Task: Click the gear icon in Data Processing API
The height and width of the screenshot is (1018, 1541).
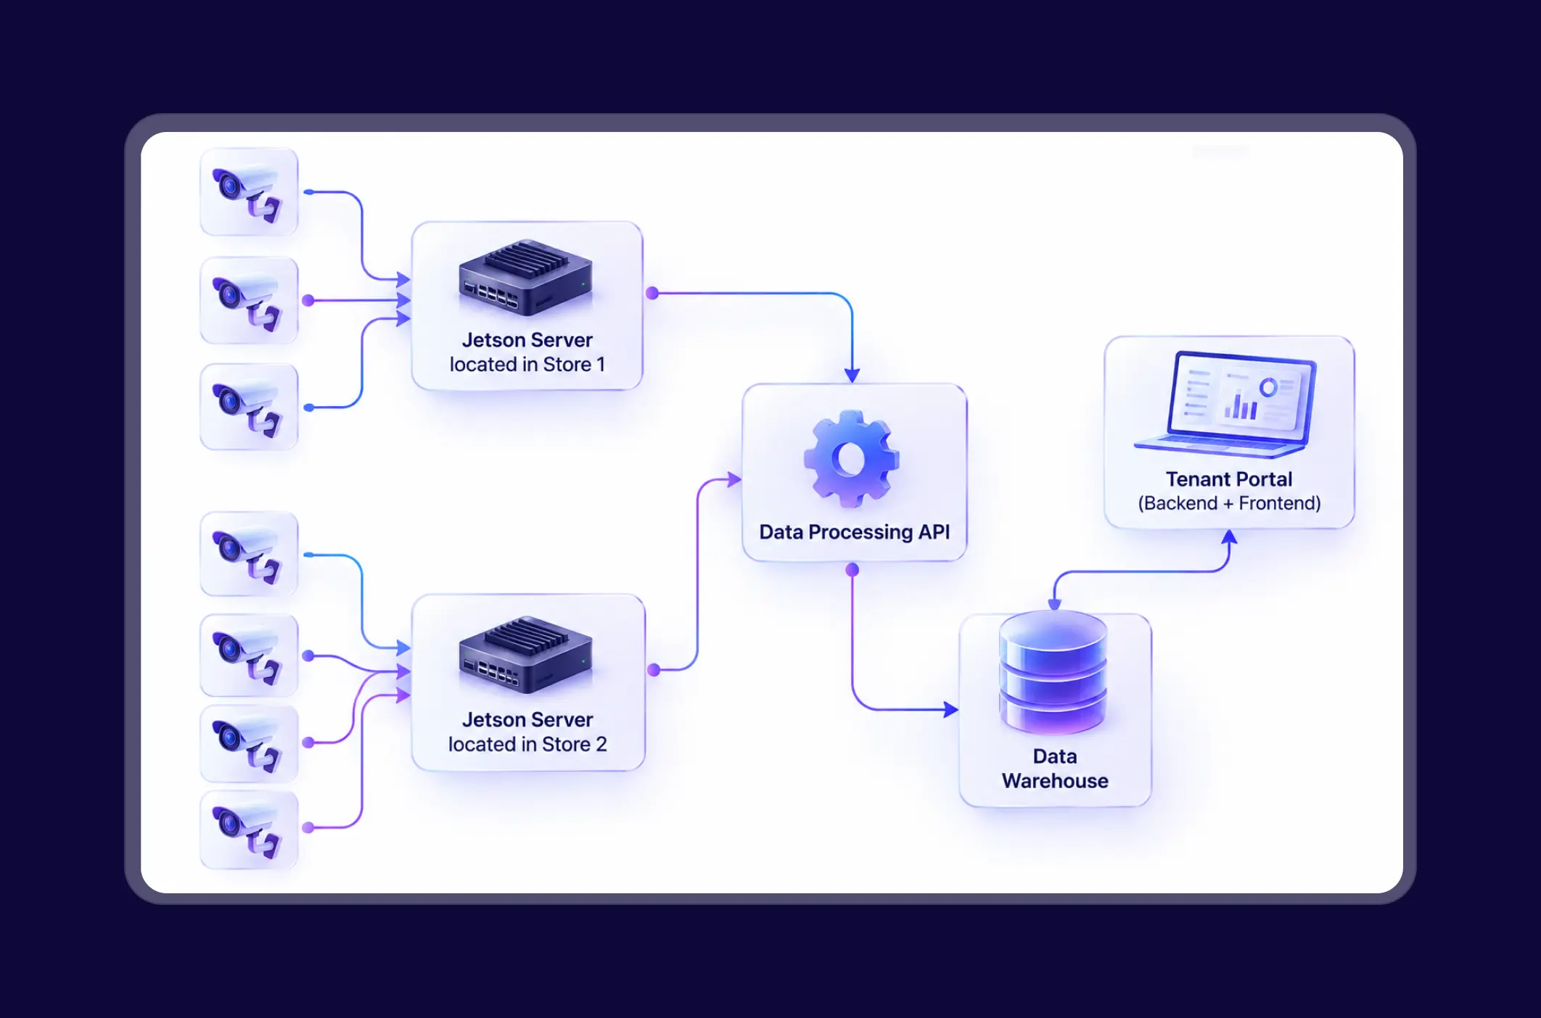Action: point(851,458)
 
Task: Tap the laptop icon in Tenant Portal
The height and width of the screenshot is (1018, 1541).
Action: point(1225,404)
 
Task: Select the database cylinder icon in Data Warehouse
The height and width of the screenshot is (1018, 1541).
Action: point(1053,672)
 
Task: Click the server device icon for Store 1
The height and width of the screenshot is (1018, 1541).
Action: point(526,278)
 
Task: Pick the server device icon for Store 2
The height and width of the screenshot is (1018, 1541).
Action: point(526,655)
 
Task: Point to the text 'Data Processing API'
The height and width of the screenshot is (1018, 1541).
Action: point(855,532)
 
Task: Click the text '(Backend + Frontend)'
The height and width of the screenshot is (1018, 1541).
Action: point(1229,503)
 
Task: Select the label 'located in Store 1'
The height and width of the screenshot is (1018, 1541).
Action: point(527,364)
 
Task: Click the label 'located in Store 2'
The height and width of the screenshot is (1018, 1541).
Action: point(527,744)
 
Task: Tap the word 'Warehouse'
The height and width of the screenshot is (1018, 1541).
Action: point(1055,781)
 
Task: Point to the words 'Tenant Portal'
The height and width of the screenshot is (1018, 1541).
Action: point(1229,479)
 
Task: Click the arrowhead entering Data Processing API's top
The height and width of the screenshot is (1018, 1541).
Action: point(852,375)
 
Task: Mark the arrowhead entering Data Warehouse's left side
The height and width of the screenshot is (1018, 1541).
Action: point(950,709)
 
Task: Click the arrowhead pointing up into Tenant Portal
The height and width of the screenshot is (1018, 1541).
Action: point(1229,537)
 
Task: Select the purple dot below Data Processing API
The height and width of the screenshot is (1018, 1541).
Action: point(852,570)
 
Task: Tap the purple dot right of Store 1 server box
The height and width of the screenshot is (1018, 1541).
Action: point(652,293)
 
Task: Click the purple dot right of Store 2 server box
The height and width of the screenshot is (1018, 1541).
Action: point(654,670)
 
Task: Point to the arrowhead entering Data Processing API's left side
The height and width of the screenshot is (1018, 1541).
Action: point(734,479)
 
